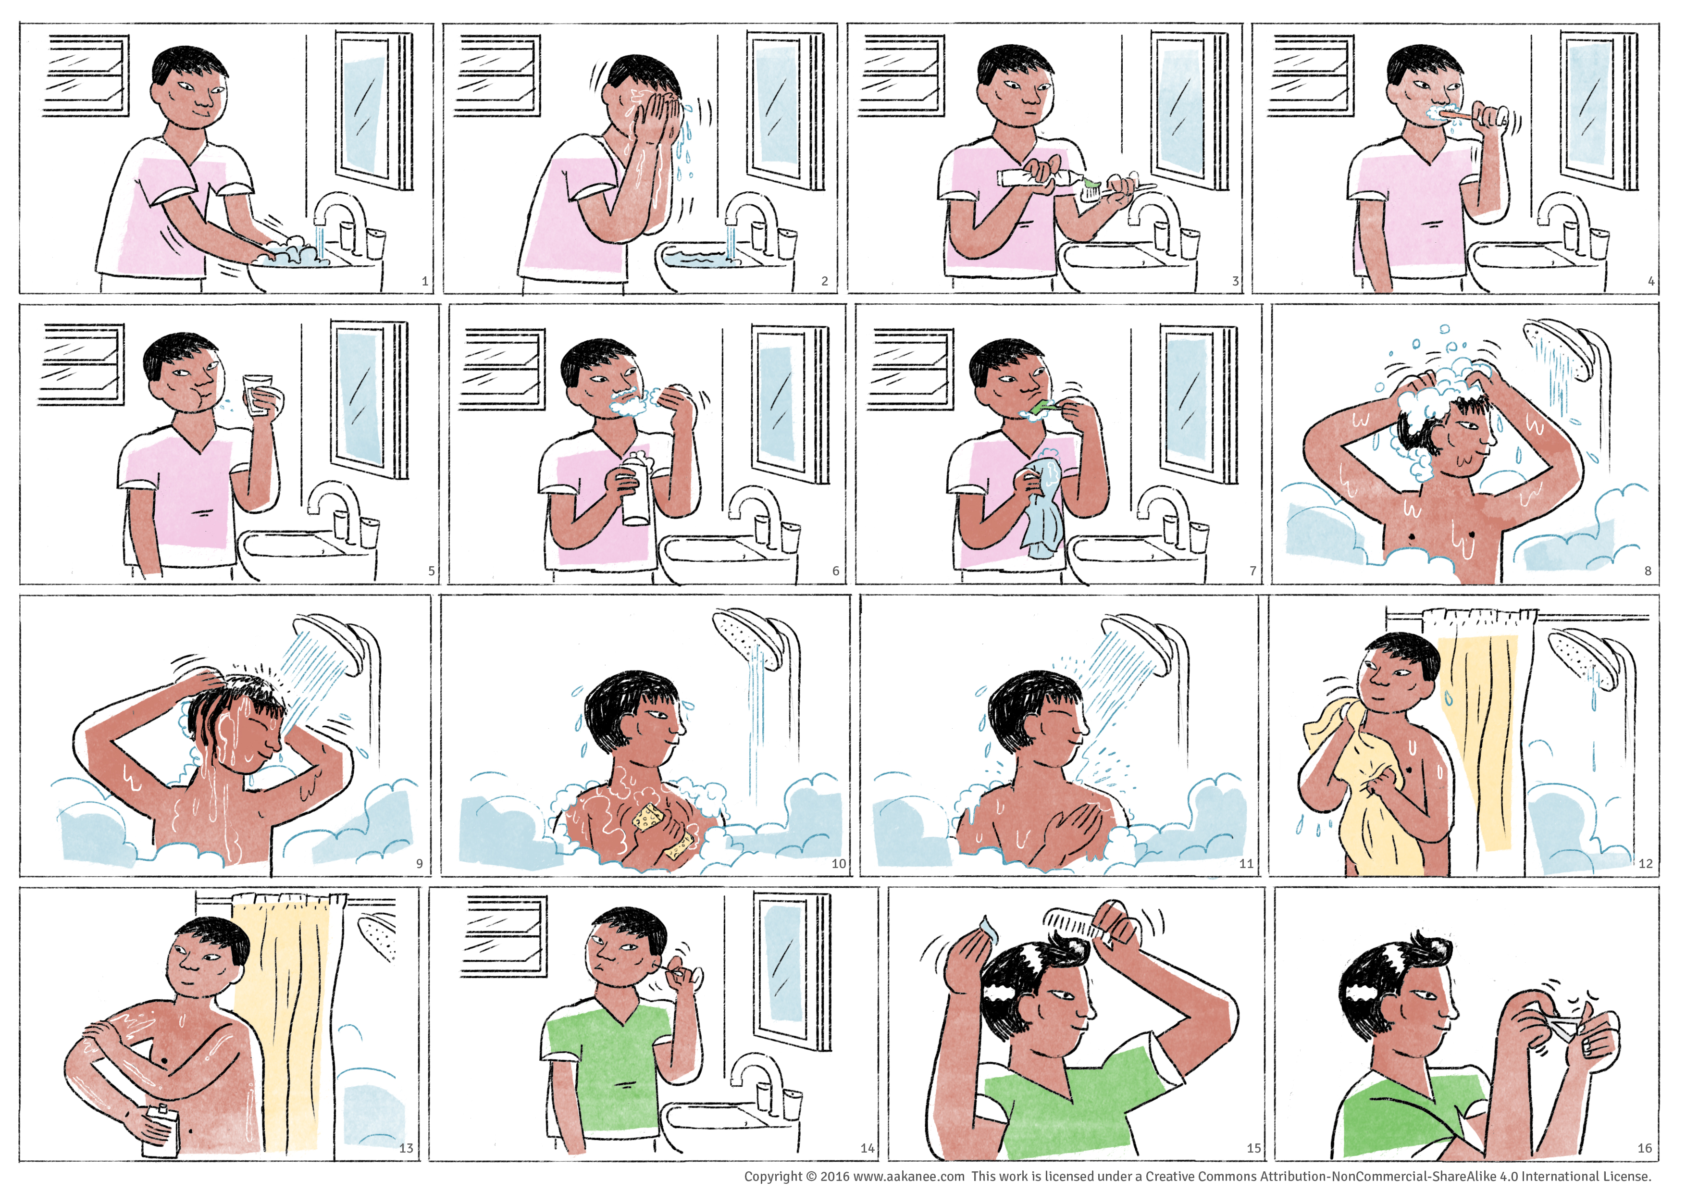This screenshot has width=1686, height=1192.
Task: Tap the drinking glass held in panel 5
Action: click(x=257, y=395)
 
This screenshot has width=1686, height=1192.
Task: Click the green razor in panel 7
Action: click(x=1043, y=405)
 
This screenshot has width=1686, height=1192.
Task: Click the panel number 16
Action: click(x=1644, y=1148)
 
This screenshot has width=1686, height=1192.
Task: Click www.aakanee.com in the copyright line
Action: click(x=908, y=1176)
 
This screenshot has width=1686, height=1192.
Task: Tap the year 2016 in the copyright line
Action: click(x=834, y=1176)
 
